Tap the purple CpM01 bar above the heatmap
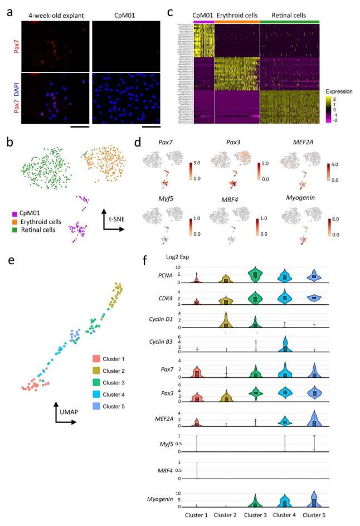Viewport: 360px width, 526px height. [x=203, y=21]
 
